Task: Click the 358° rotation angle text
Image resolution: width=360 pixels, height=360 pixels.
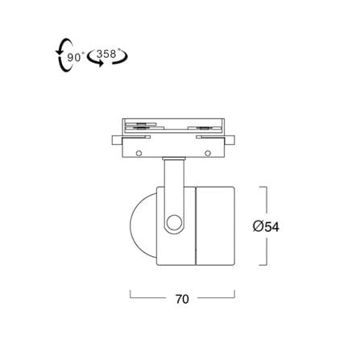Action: tap(107, 54)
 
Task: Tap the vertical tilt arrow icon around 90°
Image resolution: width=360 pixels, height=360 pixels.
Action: tap(64, 55)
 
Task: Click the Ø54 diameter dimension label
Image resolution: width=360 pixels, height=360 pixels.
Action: tap(266, 227)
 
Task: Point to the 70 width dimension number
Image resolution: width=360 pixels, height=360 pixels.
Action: tap(182, 300)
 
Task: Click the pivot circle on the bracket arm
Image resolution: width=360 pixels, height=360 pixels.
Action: tap(174, 222)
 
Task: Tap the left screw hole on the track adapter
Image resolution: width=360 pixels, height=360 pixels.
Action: tap(139, 153)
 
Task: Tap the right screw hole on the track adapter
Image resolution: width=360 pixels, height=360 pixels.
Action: tap(208, 153)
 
